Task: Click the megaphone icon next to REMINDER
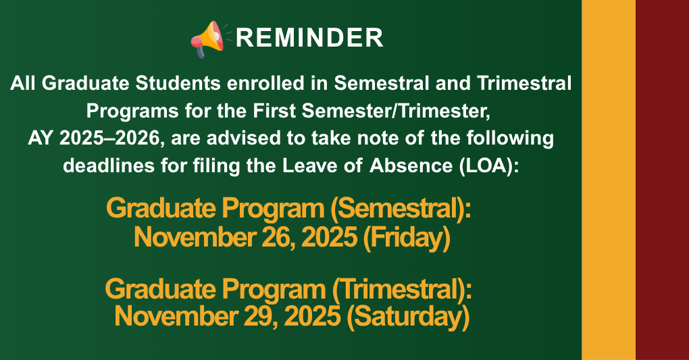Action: pos(209,38)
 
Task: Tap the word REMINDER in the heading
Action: pos(309,38)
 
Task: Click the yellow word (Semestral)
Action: pos(399,209)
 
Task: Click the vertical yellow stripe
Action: pos(608,180)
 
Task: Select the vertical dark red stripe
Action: pos(662,180)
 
